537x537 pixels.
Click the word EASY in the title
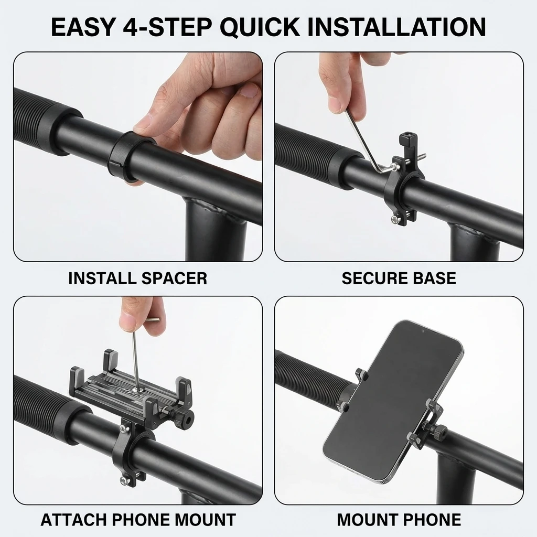pos(83,27)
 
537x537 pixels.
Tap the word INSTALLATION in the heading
pos(396,27)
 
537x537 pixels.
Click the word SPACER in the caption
pos(174,278)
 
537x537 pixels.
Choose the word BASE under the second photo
pos(434,278)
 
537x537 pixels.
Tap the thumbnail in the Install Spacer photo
pos(249,91)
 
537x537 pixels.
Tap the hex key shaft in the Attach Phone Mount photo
pos(135,358)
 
